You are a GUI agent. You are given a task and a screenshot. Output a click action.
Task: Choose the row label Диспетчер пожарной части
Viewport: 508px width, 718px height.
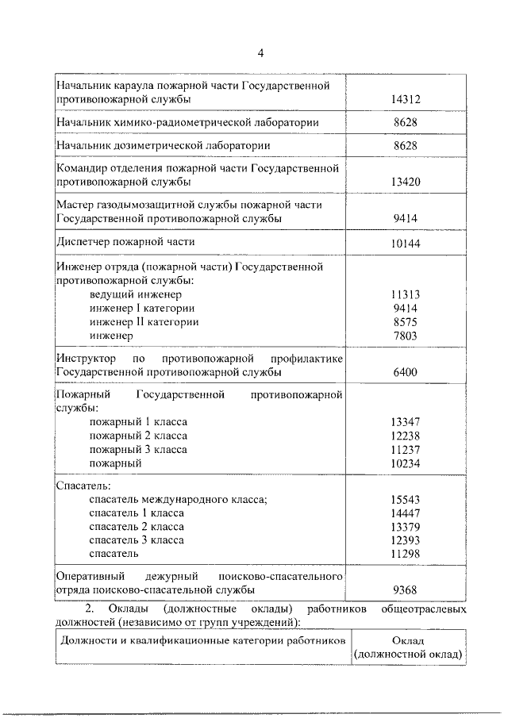pos(126,241)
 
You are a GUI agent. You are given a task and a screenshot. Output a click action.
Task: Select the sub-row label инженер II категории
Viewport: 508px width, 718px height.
pos(144,322)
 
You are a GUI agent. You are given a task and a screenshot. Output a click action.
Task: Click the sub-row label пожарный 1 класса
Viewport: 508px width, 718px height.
pos(139,422)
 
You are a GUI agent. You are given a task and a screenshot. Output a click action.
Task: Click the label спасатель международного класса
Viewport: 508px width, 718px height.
pos(179,500)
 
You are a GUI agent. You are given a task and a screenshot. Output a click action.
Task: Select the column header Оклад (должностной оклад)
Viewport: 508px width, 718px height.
pos(409,647)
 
